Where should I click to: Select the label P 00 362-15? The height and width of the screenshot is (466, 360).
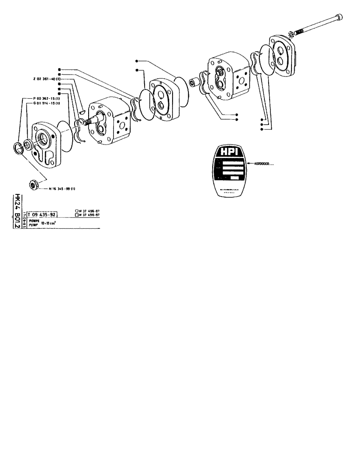(47, 98)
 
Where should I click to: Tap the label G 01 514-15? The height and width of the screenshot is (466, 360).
(47, 103)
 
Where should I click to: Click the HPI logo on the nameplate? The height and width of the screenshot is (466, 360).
(228, 154)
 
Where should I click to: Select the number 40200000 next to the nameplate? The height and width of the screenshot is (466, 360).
(266, 164)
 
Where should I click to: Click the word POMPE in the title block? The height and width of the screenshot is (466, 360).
(34, 221)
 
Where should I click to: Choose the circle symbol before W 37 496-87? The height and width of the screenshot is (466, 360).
(76, 212)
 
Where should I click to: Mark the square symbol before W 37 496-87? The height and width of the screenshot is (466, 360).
(76, 215)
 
